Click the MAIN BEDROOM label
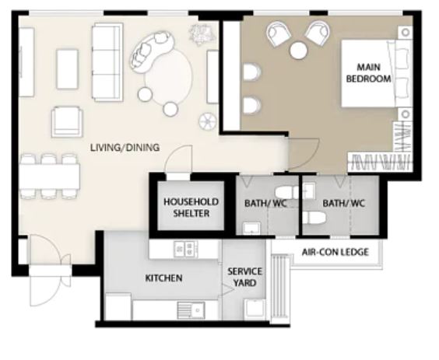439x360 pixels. coord(368,73)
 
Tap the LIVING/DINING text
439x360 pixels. coord(125,148)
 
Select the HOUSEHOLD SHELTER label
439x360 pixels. coord(191,208)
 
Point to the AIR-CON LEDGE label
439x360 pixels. coord(335,252)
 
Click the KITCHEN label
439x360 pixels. coord(163,278)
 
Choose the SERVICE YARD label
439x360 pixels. coord(244,277)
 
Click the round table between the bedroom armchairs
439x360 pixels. coord(299,51)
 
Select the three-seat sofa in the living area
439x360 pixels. coord(107,62)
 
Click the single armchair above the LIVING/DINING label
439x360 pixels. coord(67,121)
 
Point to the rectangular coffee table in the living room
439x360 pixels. coord(67,68)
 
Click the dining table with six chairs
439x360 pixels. coord(50,177)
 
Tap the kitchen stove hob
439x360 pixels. coord(185,249)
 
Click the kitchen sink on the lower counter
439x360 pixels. coord(191,310)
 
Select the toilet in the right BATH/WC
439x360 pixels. coord(314,218)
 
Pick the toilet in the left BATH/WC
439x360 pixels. coord(286,193)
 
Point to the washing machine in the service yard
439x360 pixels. coord(255,309)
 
